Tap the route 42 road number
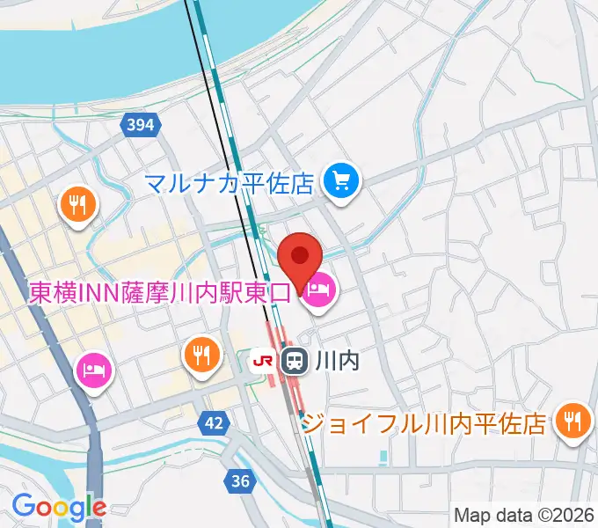click(212, 423)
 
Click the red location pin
click(301, 258)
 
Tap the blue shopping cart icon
click(339, 183)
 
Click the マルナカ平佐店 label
click(230, 184)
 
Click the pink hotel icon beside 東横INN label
click(317, 290)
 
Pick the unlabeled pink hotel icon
click(93, 369)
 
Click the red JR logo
click(262, 359)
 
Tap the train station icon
click(293, 359)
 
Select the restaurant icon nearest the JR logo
click(203, 355)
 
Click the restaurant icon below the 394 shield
click(79, 206)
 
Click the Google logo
click(59, 507)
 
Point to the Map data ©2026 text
click(522, 515)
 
